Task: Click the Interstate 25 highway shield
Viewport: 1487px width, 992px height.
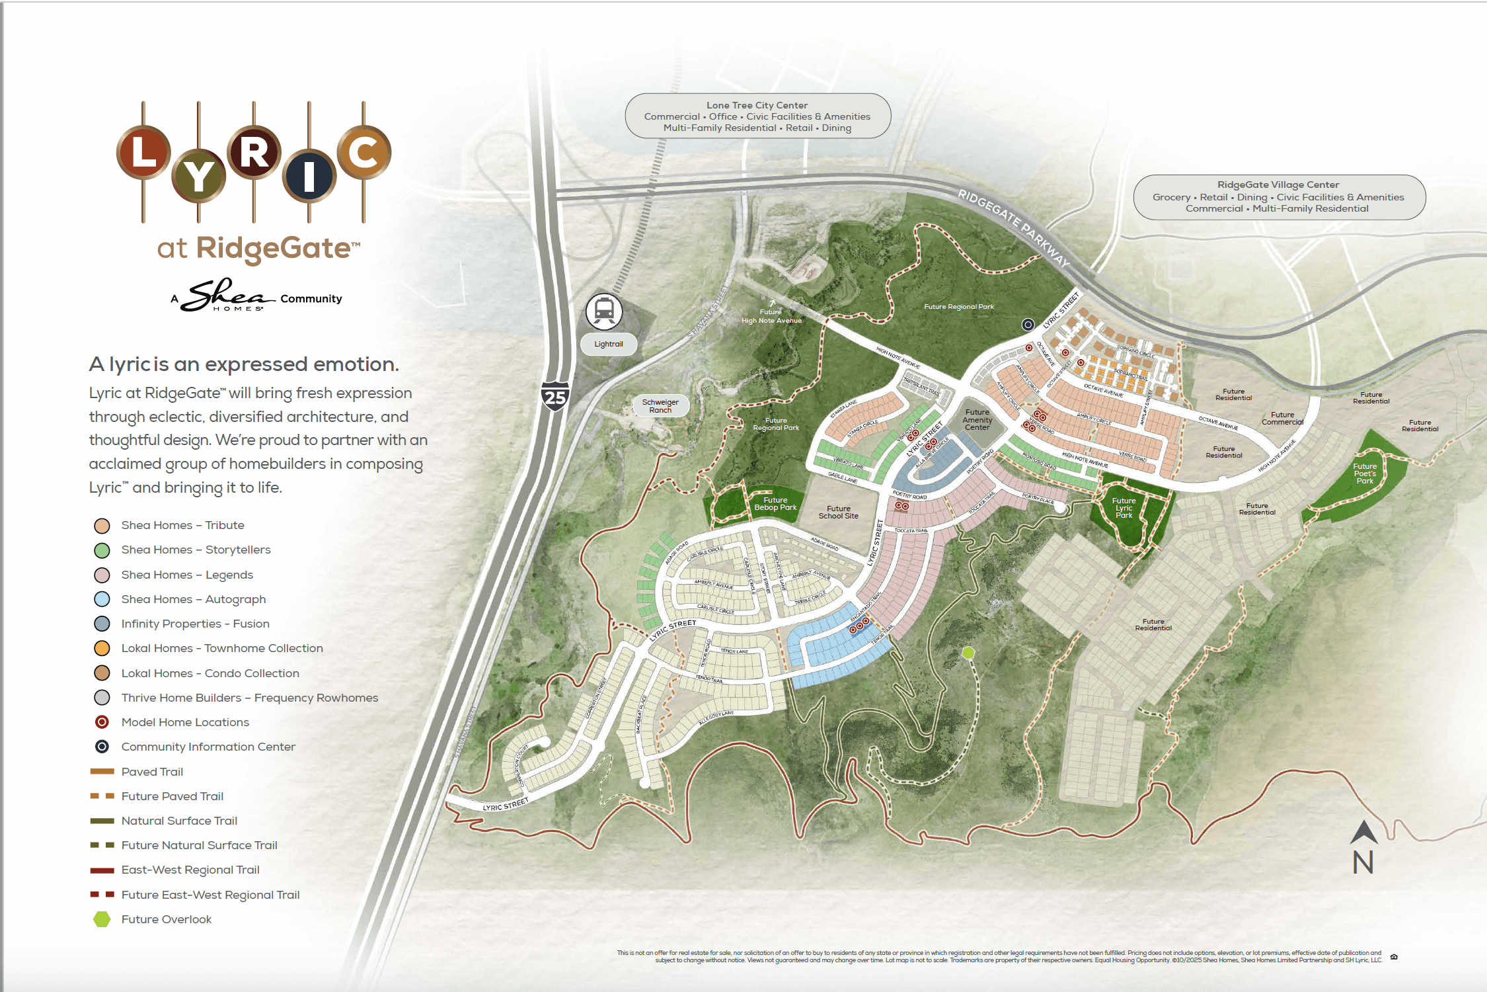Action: [x=555, y=396]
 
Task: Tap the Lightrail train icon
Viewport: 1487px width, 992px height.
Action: [x=604, y=311]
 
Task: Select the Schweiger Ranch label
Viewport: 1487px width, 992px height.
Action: [x=660, y=406]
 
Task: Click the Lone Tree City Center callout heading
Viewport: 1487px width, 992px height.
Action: [x=757, y=105]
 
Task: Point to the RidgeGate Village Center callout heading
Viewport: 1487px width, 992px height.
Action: [x=1278, y=185]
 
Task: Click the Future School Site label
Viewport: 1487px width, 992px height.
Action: [x=838, y=513]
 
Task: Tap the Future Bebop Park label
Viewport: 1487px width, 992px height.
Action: [x=775, y=504]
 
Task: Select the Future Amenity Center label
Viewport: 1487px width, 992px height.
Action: [x=977, y=420]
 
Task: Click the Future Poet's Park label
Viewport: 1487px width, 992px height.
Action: [x=1365, y=474]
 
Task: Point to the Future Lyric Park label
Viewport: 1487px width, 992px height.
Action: [x=1124, y=508]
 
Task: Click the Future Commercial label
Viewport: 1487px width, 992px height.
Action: [x=1282, y=419]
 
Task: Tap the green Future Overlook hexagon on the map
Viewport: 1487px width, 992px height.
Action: [x=968, y=653]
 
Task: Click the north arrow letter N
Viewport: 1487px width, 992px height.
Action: [x=1363, y=862]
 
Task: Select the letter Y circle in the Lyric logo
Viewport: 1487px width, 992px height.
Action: [x=198, y=177]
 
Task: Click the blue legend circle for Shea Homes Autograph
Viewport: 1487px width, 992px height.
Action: [x=102, y=599]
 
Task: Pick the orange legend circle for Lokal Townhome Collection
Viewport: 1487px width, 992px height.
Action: [x=102, y=648]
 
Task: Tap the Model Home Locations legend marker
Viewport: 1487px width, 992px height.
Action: [x=102, y=722]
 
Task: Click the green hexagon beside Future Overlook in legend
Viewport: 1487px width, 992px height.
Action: [x=102, y=919]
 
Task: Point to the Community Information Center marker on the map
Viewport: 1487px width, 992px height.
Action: [x=1028, y=325]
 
